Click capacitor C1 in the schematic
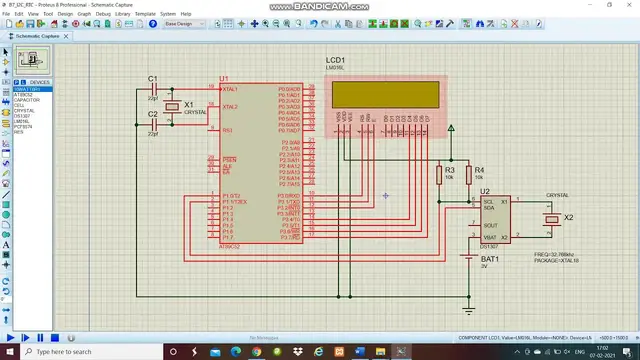point(153,89)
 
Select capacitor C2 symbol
point(153,124)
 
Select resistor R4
point(466,176)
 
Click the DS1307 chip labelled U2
point(490,218)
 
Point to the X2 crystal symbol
point(551,219)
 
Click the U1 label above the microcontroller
point(224,78)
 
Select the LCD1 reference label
point(336,61)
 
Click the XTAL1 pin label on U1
point(230,89)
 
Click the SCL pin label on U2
point(488,202)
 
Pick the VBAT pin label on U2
point(490,237)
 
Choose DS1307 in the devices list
point(22,116)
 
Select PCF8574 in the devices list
point(23,127)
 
